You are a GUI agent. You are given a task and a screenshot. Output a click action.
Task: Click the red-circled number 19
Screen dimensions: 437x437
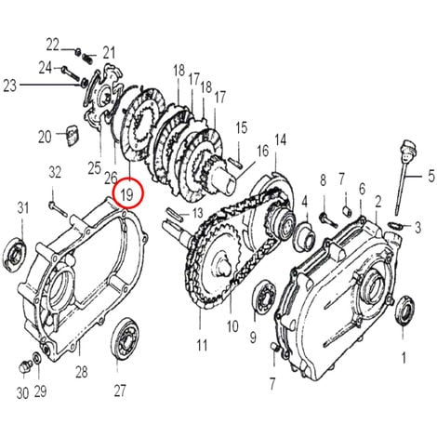click(x=127, y=194)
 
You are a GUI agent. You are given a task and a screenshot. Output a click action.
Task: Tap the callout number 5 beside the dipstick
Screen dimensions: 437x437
click(x=431, y=177)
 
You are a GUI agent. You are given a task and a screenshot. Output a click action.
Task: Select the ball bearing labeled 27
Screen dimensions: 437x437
click(x=126, y=339)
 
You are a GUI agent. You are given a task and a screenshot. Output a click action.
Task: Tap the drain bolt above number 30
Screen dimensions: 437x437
click(x=25, y=367)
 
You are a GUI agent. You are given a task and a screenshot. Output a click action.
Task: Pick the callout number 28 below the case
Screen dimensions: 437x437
click(x=82, y=372)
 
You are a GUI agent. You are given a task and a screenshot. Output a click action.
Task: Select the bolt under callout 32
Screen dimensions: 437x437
click(x=58, y=209)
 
